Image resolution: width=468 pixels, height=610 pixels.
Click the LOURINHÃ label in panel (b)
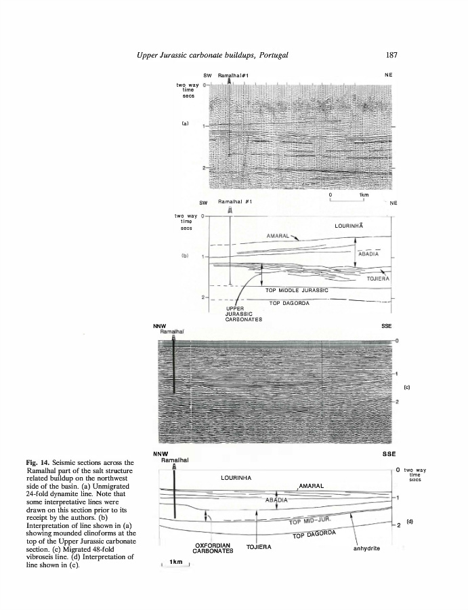(350, 224)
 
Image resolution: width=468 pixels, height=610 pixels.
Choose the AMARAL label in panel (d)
(311, 486)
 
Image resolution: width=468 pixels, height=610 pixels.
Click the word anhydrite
(368, 548)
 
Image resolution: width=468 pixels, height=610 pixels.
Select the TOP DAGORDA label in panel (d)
(314, 534)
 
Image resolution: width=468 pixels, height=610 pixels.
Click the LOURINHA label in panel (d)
(236, 478)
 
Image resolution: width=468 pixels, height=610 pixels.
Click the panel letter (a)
(184, 124)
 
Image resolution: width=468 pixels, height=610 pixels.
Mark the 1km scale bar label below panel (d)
(176, 562)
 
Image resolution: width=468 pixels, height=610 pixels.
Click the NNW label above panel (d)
(161, 453)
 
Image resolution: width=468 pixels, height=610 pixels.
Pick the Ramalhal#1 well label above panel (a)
(233, 74)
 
